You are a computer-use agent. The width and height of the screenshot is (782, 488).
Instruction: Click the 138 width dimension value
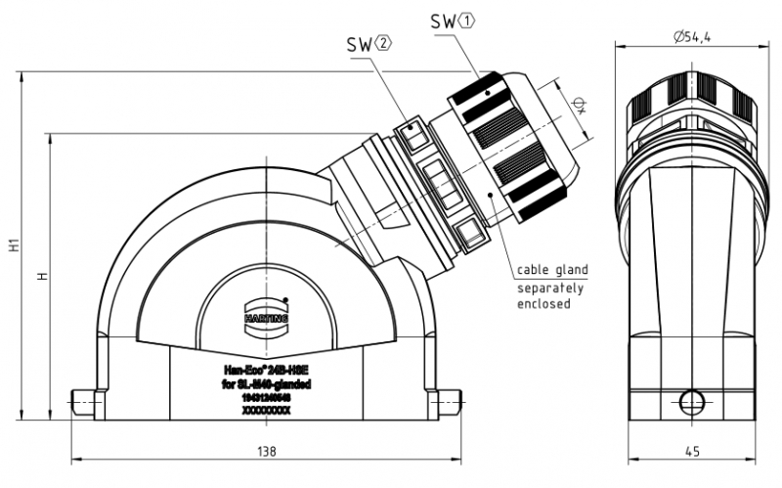point(267,452)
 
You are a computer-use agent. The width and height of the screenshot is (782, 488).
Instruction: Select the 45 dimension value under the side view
point(691,452)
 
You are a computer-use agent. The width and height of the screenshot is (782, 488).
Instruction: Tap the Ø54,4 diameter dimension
point(691,37)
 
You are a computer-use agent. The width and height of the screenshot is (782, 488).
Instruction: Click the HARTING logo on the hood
point(261,317)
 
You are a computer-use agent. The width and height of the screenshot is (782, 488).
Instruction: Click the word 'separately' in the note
point(550,288)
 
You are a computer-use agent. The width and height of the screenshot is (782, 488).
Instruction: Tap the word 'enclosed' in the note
point(543,304)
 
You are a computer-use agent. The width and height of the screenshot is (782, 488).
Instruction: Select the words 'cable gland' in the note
point(552,270)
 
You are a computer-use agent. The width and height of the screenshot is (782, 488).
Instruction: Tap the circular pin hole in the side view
point(691,400)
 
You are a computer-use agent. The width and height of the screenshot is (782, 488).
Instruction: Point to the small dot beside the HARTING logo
point(285,299)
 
